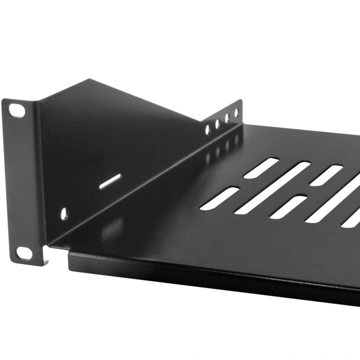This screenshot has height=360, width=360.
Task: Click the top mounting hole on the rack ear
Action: pyautogui.click(x=16, y=110)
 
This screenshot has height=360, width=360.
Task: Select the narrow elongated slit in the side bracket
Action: pyautogui.click(x=110, y=182)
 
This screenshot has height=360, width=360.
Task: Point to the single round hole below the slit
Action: pyautogui.click(x=64, y=214)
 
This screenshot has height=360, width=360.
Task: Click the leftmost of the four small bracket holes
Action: pyautogui.click(x=207, y=130)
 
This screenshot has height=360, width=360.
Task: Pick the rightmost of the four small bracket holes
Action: pyautogui.click(x=236, y=113)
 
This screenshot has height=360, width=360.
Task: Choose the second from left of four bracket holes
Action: pyautogui.click(x=217, y=124)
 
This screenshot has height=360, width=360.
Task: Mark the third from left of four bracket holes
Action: pyautogui.click(x=227, y=119)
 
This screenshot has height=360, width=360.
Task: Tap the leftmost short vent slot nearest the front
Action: pyautogui.click(x=219, y=198)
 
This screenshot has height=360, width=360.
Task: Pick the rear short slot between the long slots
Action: pyautogui.click(x=326, y=176)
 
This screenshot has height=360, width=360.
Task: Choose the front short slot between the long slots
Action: pyautogui.click(x=288, y=207)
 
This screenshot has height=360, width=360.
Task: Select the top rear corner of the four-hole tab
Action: pyautogui.click(x=240, y=100)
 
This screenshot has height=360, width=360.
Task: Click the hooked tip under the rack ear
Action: pyautogui.click(x=47, y=262)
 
